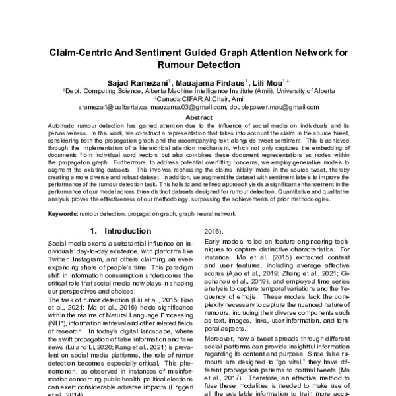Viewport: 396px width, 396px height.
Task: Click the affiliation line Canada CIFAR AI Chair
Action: (197, 98)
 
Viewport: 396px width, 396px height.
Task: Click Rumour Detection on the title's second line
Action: (198, 66)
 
